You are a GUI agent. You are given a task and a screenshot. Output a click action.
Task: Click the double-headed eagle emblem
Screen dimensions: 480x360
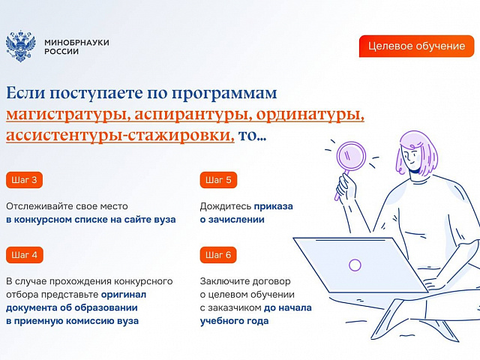21,46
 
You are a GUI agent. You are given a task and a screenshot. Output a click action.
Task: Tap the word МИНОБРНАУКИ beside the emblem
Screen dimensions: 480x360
76,42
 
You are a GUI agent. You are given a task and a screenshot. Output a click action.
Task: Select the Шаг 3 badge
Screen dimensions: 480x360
24,180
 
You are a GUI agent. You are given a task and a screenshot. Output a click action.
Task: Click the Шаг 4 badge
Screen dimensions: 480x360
25,255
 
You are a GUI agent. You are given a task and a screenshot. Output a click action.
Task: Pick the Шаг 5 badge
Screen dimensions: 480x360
218,180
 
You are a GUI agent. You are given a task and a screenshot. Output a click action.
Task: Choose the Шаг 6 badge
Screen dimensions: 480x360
218,255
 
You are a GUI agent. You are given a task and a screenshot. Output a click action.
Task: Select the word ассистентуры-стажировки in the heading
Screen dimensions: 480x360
120,136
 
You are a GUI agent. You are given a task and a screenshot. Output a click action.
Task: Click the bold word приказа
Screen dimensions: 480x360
274,207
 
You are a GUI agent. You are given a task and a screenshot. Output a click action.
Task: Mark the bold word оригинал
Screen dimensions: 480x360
124,295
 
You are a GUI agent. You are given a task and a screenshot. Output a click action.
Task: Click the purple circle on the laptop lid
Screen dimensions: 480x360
355,265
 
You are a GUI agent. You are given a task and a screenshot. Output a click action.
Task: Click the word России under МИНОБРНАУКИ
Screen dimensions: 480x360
61,52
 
